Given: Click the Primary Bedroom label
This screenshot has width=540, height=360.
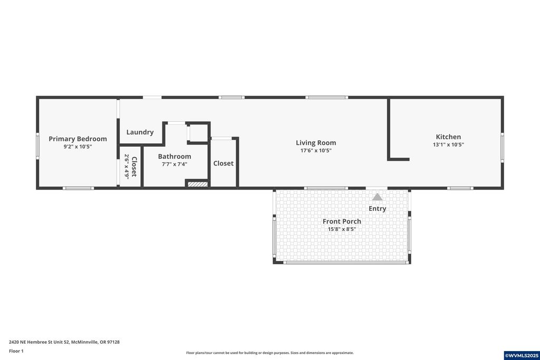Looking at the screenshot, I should click(78, 139).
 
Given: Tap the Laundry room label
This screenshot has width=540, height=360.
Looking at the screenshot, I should click(140, 132).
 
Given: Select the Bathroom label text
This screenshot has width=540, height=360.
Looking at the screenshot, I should click(175, 157).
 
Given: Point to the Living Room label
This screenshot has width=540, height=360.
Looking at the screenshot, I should click(315, 143).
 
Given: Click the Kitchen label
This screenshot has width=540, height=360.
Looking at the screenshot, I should click(448, 137).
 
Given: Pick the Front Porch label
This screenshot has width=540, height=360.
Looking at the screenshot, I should click(342, 221).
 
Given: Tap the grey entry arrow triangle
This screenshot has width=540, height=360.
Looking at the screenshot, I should click(377, 197).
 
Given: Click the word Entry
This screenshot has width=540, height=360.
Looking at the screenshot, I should click(377, 209).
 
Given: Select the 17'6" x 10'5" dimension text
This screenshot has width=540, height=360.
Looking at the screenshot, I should click(315, 151).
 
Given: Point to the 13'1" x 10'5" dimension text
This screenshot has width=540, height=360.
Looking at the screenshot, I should click(448, 145).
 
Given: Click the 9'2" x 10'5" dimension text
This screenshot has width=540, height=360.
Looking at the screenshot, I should click(78, 147).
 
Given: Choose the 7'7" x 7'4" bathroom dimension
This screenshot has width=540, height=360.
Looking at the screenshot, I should click(175, 164).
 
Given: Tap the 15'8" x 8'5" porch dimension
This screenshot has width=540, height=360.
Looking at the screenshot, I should click(342, 229).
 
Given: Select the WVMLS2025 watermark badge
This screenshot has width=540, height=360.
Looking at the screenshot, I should click(521, 355).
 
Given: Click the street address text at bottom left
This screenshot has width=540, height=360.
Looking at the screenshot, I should click(64, 342).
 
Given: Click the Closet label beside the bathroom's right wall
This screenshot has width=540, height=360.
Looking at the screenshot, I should click(223, 163).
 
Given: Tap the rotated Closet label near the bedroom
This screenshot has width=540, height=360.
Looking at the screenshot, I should click(134, 167).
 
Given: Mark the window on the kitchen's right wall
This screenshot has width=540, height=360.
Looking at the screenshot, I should click(502, 147).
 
